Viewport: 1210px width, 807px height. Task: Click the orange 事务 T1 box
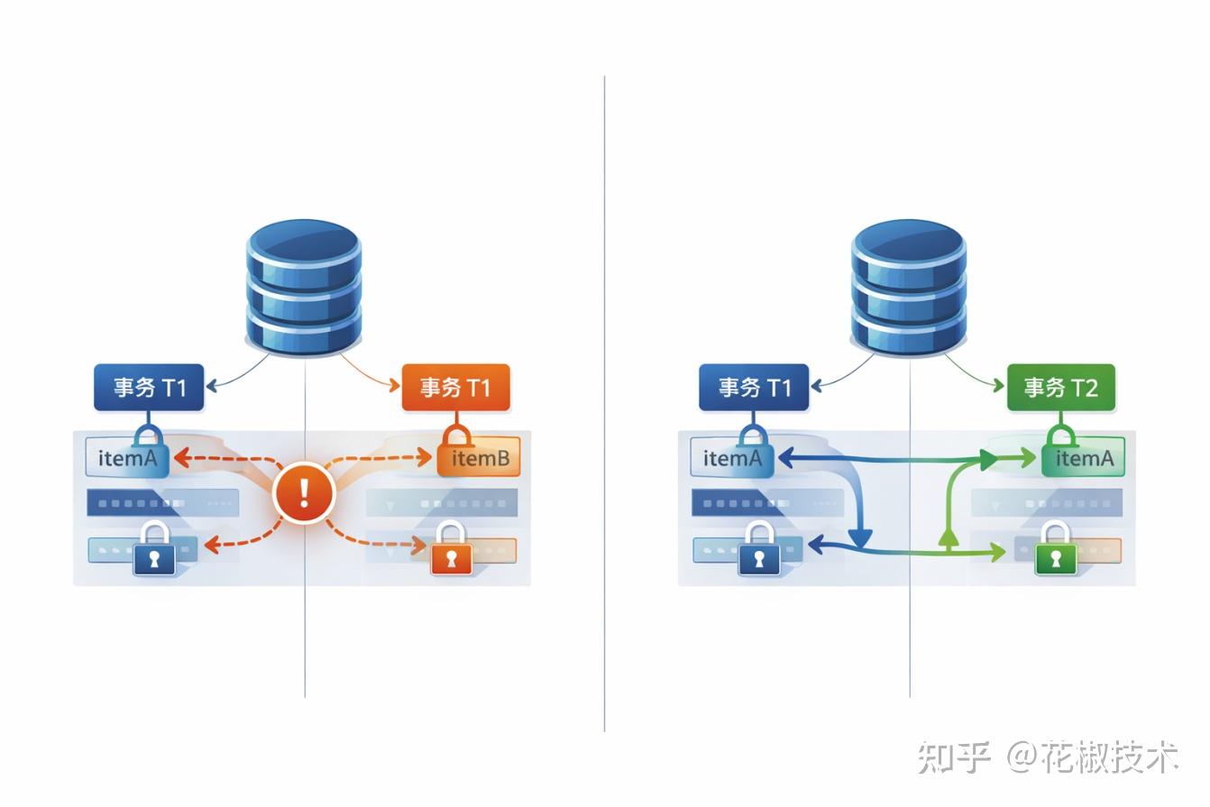[455, 388]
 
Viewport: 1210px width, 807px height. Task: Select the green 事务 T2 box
[1060, 388]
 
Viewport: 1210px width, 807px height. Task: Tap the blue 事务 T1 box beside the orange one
[149, 388]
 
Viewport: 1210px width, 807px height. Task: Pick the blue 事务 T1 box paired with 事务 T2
[754, 388]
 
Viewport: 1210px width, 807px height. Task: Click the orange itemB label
[479, 459]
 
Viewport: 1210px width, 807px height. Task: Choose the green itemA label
[1084, 459]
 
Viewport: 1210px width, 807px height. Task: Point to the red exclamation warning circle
[304, 492]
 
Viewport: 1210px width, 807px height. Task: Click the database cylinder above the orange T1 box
[304, 286]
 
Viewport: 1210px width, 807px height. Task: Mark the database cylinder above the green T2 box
[909, 286]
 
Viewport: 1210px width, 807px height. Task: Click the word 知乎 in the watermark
[954, 757]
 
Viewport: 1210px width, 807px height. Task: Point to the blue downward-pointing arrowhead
[860, 537]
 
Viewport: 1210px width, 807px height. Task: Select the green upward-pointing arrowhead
[948, 538]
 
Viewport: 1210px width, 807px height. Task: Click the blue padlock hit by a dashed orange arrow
[154, 549]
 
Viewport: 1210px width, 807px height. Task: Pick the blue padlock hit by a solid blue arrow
[759, 549]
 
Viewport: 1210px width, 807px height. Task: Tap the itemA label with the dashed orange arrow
[127, 459]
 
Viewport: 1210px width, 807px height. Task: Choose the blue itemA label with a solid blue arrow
[732, 459]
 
